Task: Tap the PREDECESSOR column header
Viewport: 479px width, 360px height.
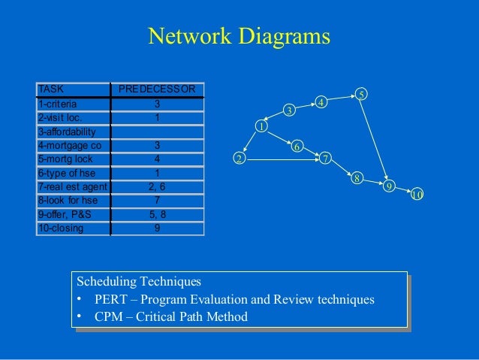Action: (156, 89)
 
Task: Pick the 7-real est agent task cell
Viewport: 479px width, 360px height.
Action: (72, 186)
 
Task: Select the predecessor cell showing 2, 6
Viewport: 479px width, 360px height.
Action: (156, 186)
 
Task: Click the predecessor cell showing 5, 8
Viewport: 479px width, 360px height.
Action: (156, 214)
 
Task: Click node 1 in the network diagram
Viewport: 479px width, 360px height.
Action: (262, 126)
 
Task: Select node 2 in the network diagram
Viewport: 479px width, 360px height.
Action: (239, 159)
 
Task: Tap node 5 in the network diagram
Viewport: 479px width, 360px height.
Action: (361, 94)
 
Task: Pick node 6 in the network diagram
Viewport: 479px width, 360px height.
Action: (297, 146)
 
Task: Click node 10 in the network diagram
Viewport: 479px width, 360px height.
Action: (417, 195)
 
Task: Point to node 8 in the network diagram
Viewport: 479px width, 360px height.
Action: (357, 178)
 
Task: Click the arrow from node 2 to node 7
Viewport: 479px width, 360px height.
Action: (282, 159)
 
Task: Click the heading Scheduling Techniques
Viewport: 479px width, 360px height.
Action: (139, 282)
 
